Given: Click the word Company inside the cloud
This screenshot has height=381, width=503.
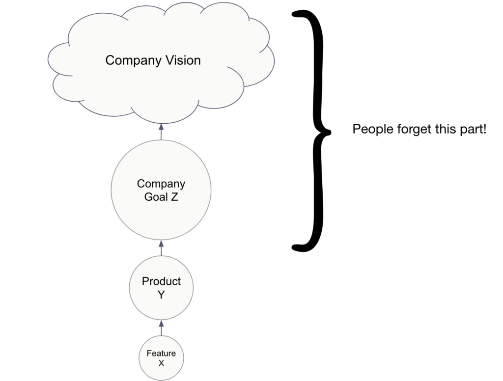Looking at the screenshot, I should click(x=130, y=61).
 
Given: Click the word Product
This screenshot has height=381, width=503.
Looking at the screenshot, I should click(x=161, y=281).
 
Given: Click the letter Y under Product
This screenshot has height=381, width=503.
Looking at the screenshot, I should click(x=161, y=295).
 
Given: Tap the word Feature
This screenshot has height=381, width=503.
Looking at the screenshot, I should click(x=161, y=354).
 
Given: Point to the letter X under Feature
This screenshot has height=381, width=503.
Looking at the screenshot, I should click(x=161, y=363).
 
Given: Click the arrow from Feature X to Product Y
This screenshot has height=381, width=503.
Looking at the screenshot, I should click(x=161, y=327).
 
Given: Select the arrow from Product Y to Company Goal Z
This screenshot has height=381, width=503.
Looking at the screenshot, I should click(x=161, y=248).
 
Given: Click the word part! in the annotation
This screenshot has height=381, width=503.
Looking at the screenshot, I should click(x=472, y=130).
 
